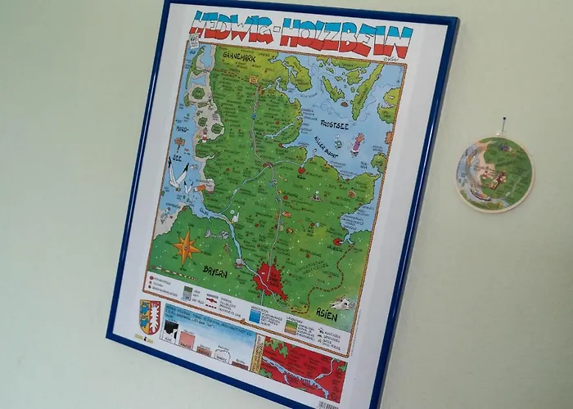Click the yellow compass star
point(187,243)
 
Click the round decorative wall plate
point(495,173)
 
